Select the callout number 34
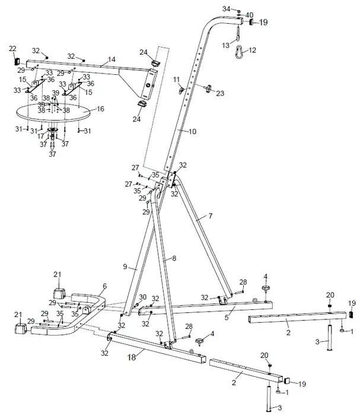tap(225, 9)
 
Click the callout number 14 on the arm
tap(111, 61)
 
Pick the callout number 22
tap(12, 49)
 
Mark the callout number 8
tap(174, 258)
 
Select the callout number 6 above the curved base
tap(104, 286)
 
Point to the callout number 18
tap(131, 358)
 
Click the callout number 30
tap(142, 297)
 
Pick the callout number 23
tap(221, 93)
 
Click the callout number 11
tap(176, 79)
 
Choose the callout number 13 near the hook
tap(225, 45)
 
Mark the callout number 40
tap(249, 15)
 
